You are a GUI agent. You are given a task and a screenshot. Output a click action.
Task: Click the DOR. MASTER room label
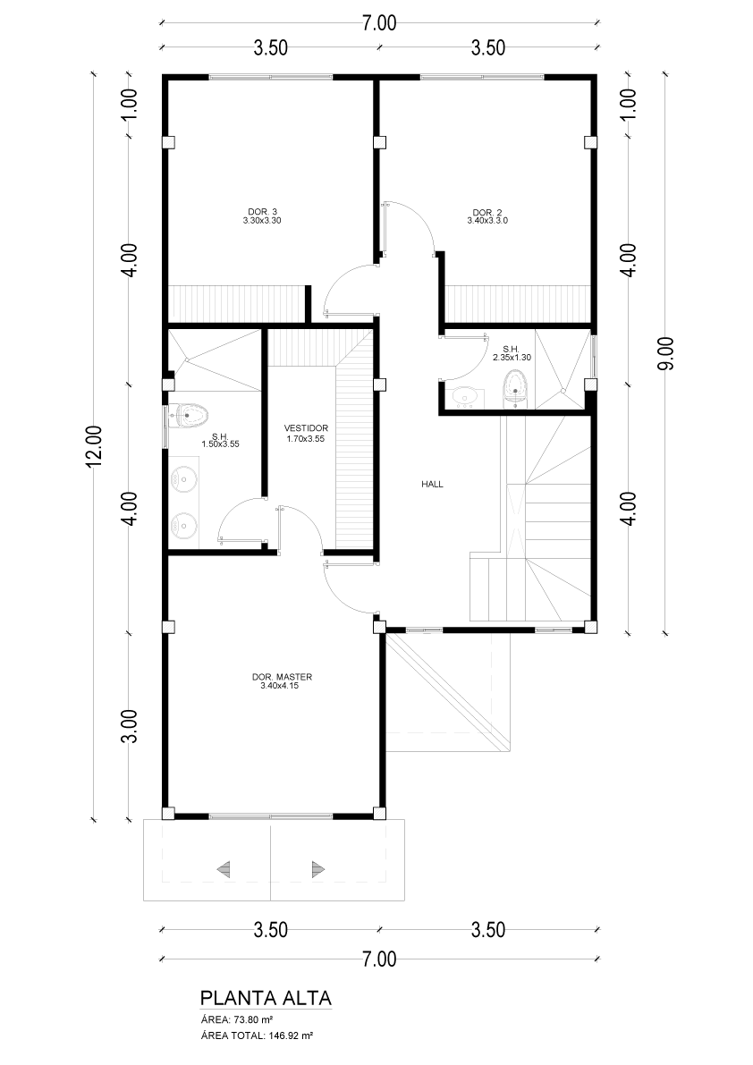click(x=282, y=677)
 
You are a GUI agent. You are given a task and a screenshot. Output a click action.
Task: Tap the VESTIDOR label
click(x=306, y=428)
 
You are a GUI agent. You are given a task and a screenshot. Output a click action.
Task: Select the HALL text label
click(x=432, y=485)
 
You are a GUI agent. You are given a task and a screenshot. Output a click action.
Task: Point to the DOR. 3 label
click(x=261, y=212)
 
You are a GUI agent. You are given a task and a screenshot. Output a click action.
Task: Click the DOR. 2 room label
click(x=486, y=212)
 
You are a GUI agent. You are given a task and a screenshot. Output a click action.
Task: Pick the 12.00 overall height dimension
click(x=93, y=445)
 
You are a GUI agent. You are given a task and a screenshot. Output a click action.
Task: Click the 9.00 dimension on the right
click(x=666, y=353)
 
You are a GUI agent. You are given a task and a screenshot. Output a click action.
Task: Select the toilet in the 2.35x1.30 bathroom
click(x=515, y=391)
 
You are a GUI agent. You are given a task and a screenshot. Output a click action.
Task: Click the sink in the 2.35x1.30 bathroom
click(x=466, y=394)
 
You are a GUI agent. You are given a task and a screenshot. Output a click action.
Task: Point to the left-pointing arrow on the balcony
click(x=223, y=868)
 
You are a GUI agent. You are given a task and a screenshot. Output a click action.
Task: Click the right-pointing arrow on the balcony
click(x=317, y=868)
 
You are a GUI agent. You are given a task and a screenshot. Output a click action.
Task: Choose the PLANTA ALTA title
click(x=266, y=998)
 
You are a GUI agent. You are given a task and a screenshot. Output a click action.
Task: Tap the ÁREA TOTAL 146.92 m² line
click(x=257, y=1035)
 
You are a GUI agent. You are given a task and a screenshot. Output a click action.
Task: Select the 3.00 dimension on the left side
click(x=130, y=726)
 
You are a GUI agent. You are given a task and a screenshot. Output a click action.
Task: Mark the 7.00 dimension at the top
click(x=379, y=22)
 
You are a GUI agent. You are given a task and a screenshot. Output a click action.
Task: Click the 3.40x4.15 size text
click(x=279, y=685)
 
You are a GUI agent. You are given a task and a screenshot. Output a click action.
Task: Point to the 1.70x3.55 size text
click(x=306, y=439)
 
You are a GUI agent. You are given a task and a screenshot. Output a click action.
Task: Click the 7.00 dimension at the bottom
click(x=379, y=959)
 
